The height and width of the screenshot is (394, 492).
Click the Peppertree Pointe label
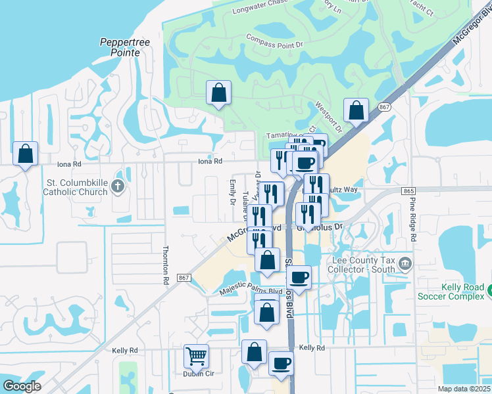click(x=125, y=47)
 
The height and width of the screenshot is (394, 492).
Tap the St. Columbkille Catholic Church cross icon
click(x=118, y=187)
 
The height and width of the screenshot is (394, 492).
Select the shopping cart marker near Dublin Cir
click(x=196, y=357)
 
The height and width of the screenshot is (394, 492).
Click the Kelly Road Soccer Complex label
click(x=455, y=291)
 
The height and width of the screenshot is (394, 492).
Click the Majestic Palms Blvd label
click(x=251, y=291)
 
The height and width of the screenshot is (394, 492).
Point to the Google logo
click(x=22, y=385)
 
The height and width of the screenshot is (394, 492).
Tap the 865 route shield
click(x=407, y=190)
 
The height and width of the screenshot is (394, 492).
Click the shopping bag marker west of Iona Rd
click(x=25, y=155)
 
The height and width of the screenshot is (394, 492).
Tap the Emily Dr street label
click(x=232, y=192)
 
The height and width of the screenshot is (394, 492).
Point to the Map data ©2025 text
click(x=464, y=389)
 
